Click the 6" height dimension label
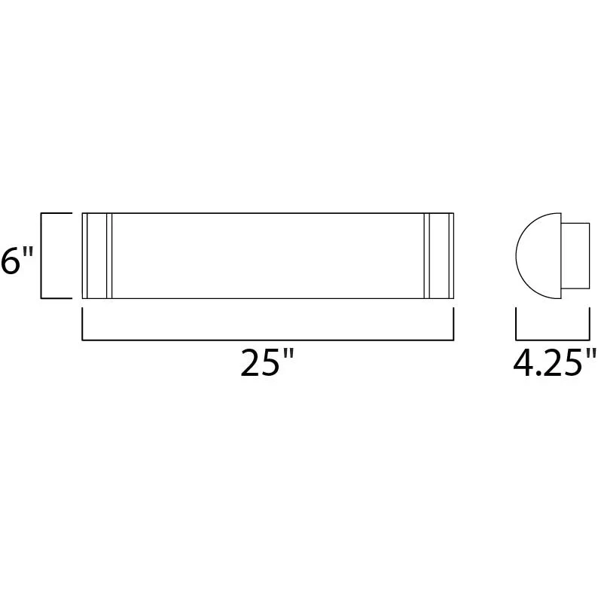pos(17,261)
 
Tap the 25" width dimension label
pos(267,362)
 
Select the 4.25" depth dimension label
pos(555,362)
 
